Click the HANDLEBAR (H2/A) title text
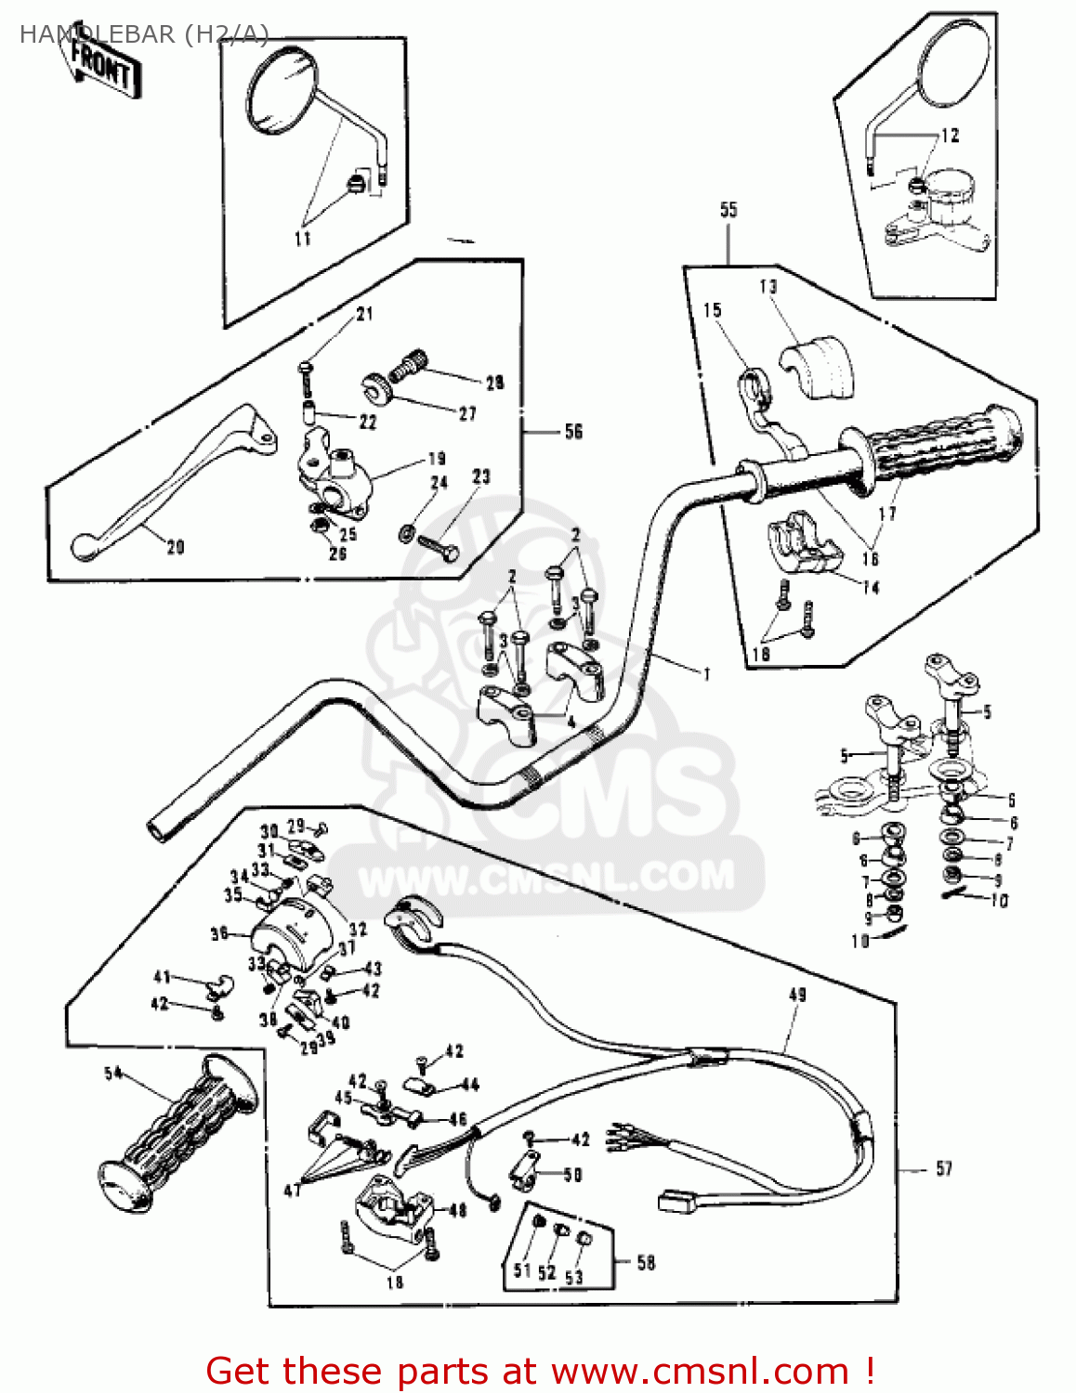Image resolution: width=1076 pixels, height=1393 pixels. (x=144, y=34)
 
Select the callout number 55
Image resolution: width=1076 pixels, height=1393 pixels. (x=728, y=210)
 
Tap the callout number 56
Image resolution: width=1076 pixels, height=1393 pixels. (x=573, y=431)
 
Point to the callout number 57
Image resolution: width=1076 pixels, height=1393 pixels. (x=944, y=1168)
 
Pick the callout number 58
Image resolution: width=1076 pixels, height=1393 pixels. (x=646, y=1262)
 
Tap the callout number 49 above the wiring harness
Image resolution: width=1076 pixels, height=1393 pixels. (x=797, y=995)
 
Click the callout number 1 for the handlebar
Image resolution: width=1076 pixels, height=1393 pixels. (x=707, y=673)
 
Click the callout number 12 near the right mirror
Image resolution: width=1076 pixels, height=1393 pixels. (x=950, y=136)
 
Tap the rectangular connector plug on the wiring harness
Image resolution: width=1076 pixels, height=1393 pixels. (x=677, y=1202)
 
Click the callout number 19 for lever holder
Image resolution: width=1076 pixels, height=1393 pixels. (x=437, y=458)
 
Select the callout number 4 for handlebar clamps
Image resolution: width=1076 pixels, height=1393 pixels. (x=571, y=722)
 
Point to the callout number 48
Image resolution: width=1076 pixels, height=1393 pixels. (x=457, y=1210)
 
